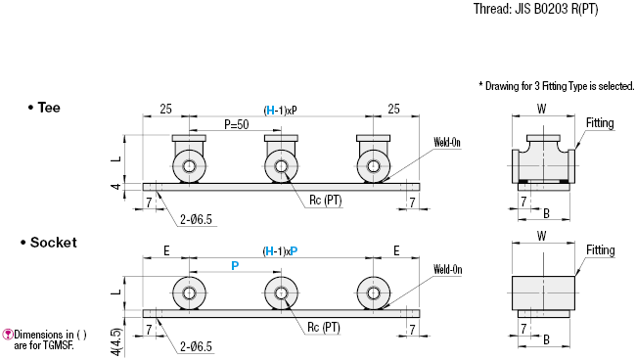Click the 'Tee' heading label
click(49, 108)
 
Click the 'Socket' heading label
click(53, 243)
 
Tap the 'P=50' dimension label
click(237, 124)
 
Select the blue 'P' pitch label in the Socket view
click(235, 266)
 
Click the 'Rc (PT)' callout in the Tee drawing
click(326, 201)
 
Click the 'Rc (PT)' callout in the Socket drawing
click(324, 327)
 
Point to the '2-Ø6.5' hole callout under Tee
click(196, 220)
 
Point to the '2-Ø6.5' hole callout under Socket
click(196, 346)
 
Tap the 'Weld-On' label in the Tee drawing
click(447, 142)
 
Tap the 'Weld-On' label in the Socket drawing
click(447, 270)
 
